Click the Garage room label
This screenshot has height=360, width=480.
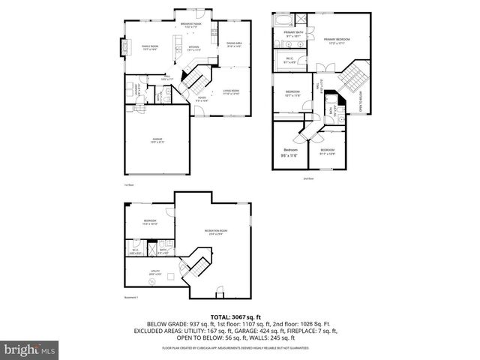click(x=157, y=140)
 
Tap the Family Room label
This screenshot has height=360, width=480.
click(x=150, y=47)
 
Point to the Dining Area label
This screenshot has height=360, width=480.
click(x=234, y=44)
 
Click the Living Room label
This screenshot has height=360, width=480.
click(x=230, y=92)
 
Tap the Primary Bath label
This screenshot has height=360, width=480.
click(x=293, y=33)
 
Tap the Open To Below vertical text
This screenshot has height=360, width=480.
click(x=360, y=101)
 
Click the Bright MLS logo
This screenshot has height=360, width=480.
click(x=28, y=350)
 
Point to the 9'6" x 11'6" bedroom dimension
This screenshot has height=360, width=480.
click(x=289, y=155)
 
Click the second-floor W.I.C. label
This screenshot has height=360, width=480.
click(x=289, y=59)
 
